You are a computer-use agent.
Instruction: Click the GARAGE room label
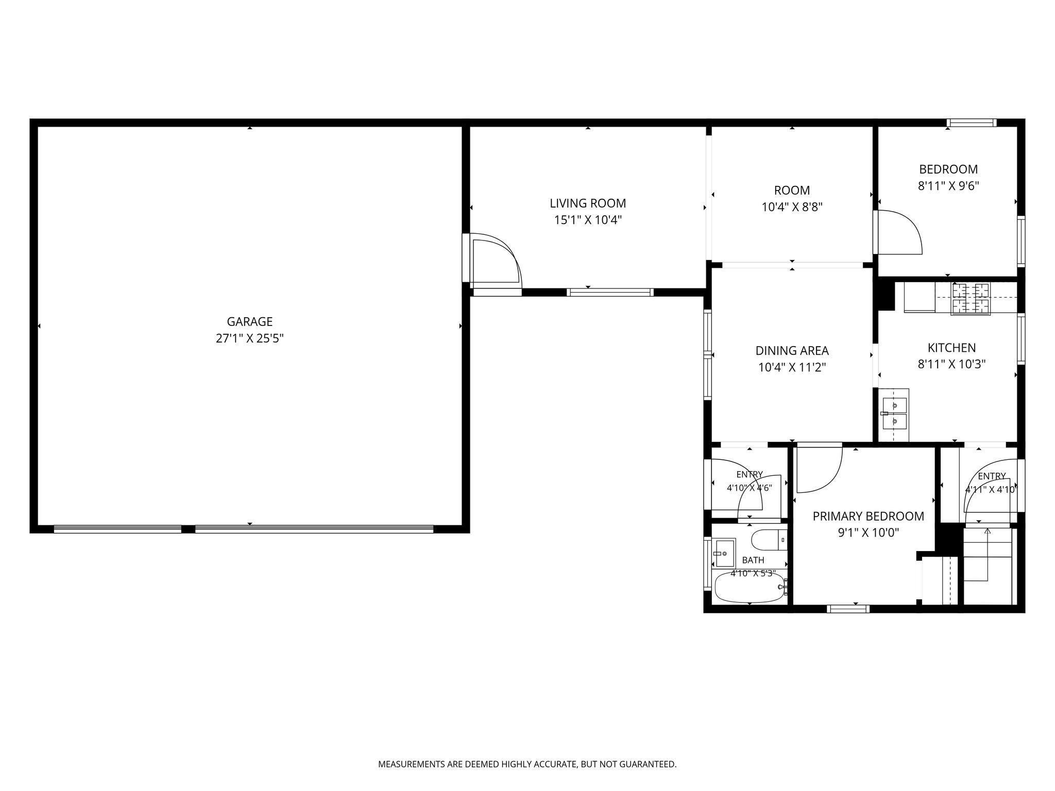click(x=250, y=322)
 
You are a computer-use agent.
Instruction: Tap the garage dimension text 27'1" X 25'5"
click(x=250, y=338)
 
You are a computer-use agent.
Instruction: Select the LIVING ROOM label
click(x=588, y=203)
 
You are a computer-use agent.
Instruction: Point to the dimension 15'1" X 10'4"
click(x=588, y=220)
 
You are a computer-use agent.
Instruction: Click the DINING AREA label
click(x=792, y=351)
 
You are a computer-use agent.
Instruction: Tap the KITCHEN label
click(x=951, y=348)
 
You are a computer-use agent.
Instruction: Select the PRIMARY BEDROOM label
click(x=868, y=516)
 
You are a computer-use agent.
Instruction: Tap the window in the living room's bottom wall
click(x=610, y=292)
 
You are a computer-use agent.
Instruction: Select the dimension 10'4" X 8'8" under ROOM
click(x=792, y=207)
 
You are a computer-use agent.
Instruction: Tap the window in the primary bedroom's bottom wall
click(x=848, y=609)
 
